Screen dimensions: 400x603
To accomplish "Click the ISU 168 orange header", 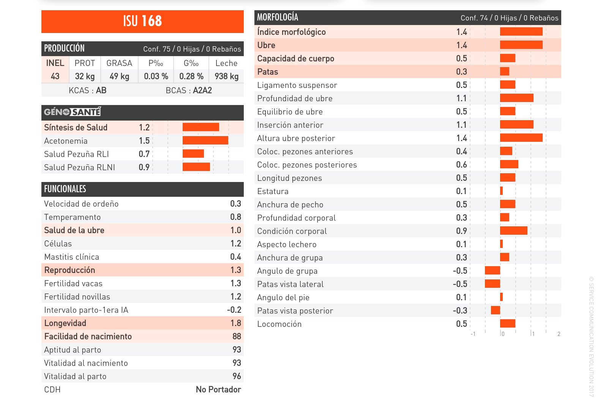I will point(142,21).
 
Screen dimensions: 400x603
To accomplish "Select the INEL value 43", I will point(55,76).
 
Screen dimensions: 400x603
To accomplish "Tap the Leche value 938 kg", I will point(226,76).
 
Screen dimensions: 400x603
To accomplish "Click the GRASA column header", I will point(119,63).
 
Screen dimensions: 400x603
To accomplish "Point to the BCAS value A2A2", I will point(202,90).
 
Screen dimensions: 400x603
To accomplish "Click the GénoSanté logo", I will point(72,112).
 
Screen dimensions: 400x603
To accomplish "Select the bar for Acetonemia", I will point(205,141).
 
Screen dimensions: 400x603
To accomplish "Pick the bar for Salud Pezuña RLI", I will point(193,154).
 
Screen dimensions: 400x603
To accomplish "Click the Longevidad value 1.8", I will point(235,323).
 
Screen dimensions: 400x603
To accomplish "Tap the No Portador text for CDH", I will point(218,389).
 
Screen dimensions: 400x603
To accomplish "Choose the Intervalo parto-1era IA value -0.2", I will point(234,310).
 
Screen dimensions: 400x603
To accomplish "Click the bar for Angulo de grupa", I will point(493,271).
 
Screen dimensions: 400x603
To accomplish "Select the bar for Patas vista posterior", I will point(495,311).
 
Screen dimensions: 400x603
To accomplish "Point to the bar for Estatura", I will point(501,191).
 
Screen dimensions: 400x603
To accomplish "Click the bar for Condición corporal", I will point(513,231).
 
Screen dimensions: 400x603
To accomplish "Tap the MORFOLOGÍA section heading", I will point(278,17).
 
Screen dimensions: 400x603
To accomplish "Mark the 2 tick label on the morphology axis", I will point(559,334).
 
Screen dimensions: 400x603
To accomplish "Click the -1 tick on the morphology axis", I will point(473,334).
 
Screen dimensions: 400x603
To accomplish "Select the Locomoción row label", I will point(279,324).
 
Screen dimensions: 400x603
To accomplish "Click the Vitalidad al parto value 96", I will point(237,376).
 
